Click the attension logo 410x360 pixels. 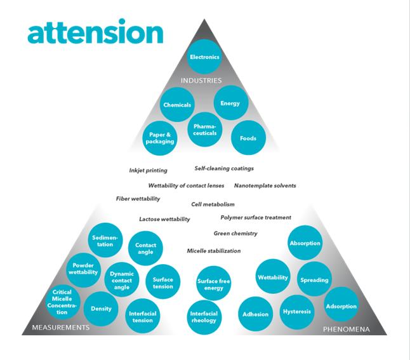95,33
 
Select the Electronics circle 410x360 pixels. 204,57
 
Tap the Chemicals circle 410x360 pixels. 177,105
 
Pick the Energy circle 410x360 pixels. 229,103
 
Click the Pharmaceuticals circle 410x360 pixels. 205,130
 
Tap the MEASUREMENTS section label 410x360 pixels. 61,328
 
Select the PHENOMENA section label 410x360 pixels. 346,329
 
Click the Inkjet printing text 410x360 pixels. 148,171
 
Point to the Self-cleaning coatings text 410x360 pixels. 224,169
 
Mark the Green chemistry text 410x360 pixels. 235,234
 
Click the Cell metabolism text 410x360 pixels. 213,204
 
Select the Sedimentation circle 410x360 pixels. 105,241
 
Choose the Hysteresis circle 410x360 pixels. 298,312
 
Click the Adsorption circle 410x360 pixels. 341,306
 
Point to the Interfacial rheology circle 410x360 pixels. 204,317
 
